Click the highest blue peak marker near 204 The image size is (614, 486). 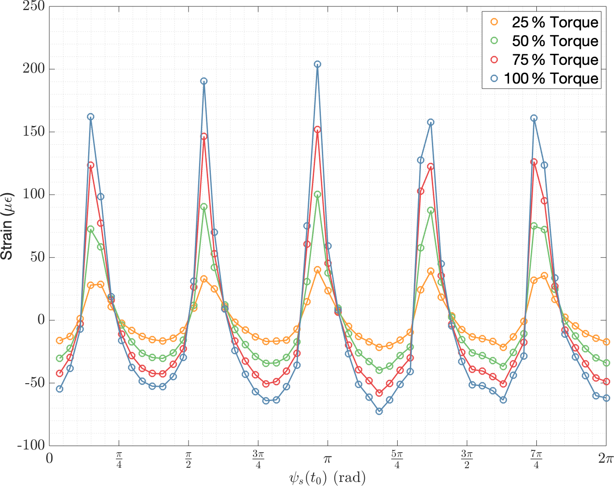[317, 64]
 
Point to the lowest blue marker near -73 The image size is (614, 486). [379, 411]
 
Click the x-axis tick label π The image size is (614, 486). [327, 458]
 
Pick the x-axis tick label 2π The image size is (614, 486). [605, 458]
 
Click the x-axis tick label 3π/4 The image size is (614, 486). [258, 459]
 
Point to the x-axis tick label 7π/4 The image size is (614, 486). [536, 459]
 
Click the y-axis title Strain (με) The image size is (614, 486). [7, 226]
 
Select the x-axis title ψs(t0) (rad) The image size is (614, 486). [327, 478]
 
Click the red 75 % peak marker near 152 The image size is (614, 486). [317, 130]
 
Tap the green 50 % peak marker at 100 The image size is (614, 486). [317, 195]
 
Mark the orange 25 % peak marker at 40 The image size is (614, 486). [317, 270]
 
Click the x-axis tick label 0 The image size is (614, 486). [49, 458]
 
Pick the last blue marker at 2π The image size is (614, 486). [606, 398]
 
